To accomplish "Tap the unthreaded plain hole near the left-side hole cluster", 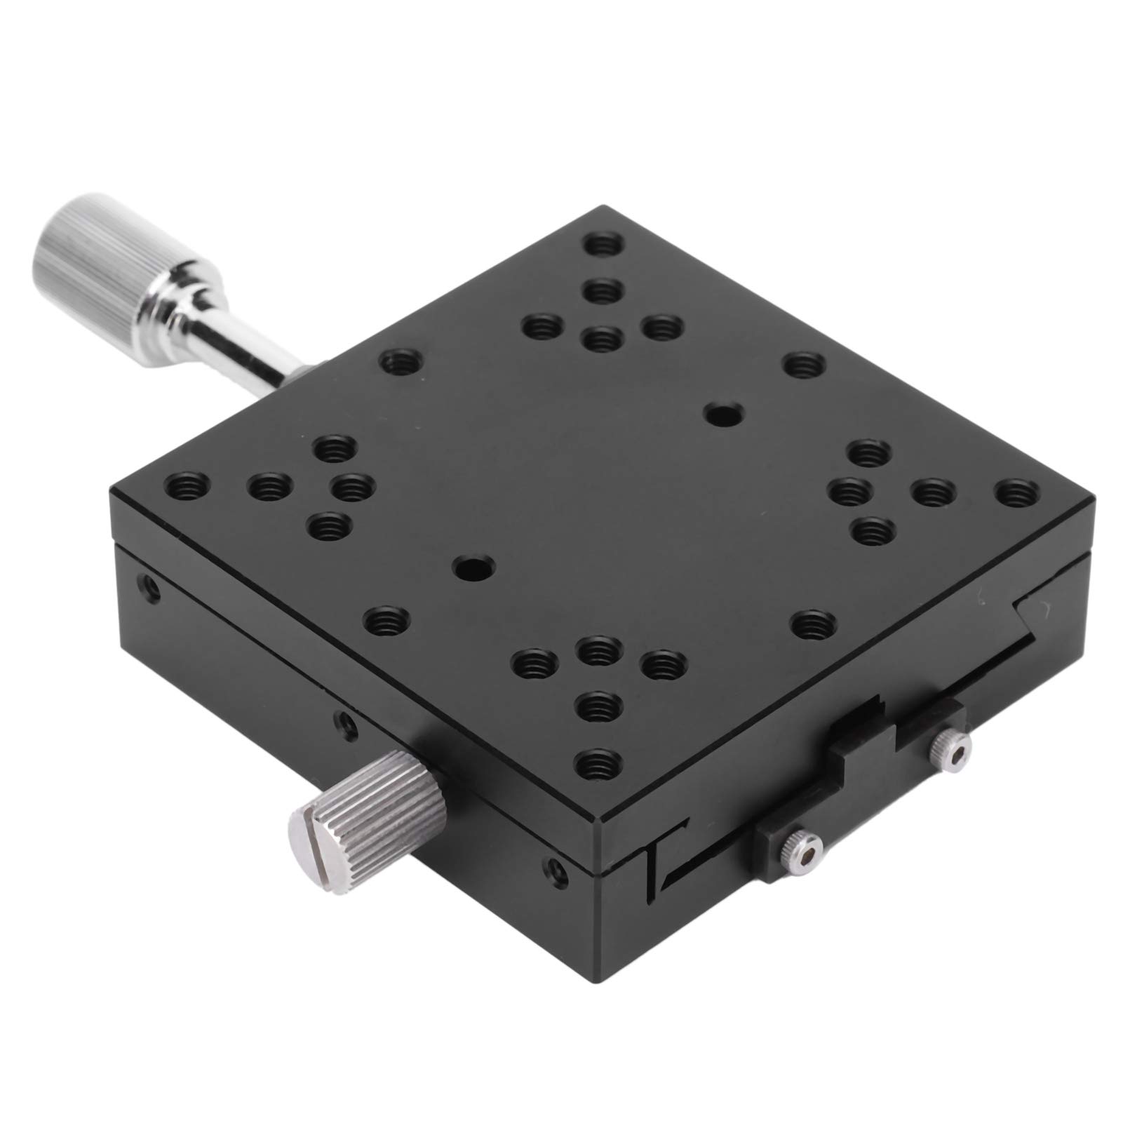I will click(x=473, y=568).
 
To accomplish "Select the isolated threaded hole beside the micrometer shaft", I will click(x=399, y=363).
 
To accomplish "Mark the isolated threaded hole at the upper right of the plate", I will click(x=804, y=365).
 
